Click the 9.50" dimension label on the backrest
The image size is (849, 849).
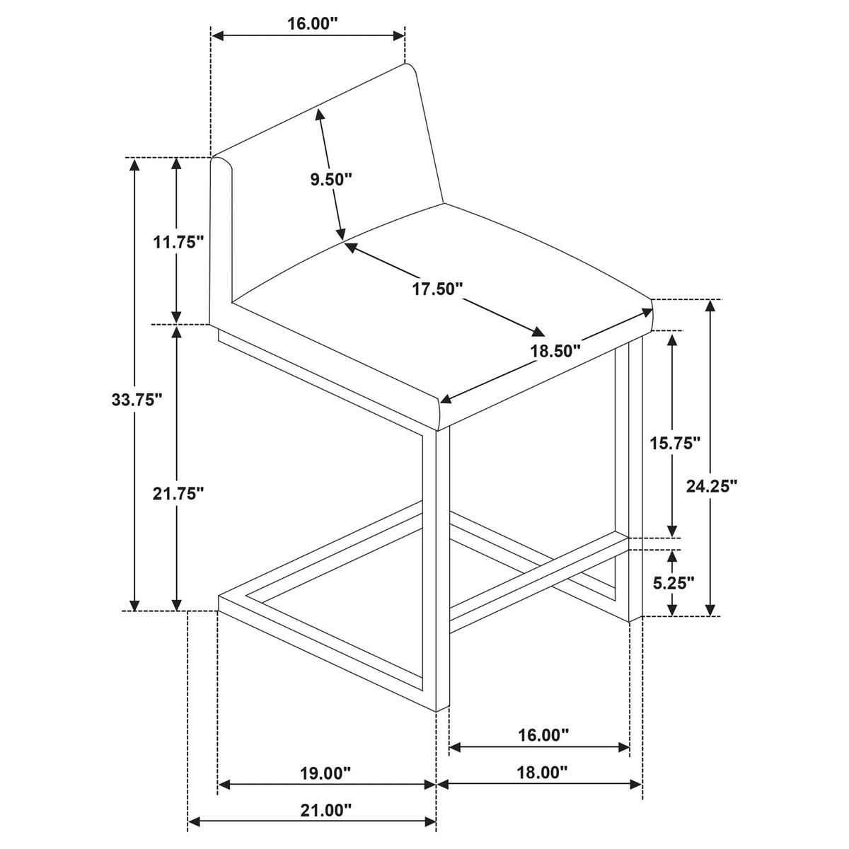[331, 179]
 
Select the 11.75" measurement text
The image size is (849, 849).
[178, 242]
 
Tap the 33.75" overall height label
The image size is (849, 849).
[137, 400]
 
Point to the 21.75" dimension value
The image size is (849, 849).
[178, 494]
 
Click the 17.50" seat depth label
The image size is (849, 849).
[437, 289]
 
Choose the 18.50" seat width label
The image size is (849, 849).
[555, 351]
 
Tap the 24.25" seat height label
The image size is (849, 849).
[712, 486]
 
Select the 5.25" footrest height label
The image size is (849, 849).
[674, 583]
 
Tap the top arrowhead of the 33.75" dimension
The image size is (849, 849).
[135, 164]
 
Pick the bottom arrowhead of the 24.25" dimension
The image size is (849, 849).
[710, 609]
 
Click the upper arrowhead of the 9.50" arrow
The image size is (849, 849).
[319, 115]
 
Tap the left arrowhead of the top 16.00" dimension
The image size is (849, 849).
[218, 36]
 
